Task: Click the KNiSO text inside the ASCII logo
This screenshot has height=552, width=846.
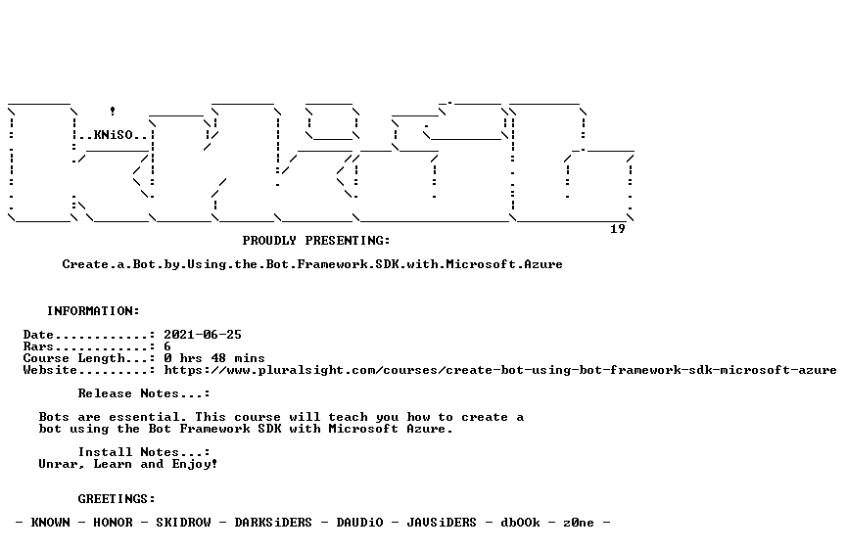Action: [x=114, y=135]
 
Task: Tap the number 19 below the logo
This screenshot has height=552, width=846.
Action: [x=618, y=229]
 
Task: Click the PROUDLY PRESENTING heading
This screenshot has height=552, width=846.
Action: [x=316, y=241]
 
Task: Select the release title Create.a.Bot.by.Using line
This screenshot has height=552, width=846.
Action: [x=312, y=264]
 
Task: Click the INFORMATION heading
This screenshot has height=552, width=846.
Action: [x=93, y=311]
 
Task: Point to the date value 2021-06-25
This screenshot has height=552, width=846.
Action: [x=203, y=335]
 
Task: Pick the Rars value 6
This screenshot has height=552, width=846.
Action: [x=167, y=346]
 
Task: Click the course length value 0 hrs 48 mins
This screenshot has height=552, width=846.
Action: [x=214, y=358]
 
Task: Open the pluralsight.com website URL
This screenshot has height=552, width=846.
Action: [x=500, y=370]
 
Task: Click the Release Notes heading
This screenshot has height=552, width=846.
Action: [x=144, y=393]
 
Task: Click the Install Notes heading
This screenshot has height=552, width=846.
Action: [x=144, y=452]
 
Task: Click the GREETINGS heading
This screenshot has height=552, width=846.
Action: [x=117, y=499]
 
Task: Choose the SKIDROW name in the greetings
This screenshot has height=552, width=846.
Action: [x=183, y=523]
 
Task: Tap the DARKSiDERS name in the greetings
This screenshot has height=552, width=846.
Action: [x=273, y=523]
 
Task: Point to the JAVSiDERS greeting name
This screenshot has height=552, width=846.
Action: [x=442, y=523]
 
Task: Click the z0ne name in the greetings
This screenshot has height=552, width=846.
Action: [x=579, y=523]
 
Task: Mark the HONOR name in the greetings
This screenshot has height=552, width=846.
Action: [x=114, y=523]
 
